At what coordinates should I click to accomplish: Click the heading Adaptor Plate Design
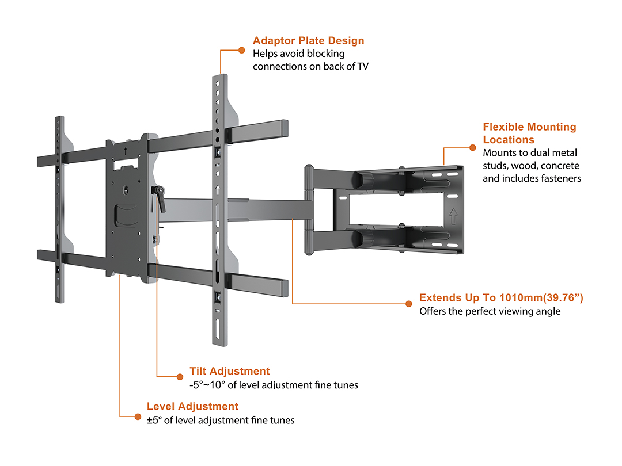point(308,41)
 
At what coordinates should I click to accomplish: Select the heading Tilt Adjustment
point(229,371)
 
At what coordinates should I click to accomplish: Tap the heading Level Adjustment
point(192,407)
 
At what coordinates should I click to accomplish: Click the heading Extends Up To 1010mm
point(501,297)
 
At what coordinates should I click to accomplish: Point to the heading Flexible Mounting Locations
point(529,133)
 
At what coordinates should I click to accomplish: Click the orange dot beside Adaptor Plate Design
point(241,50)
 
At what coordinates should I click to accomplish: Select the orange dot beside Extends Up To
point(408,303)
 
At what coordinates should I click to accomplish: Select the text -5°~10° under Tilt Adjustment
point(210,385)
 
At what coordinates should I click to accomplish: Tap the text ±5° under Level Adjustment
point(154,421)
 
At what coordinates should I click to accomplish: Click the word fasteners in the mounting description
point(562,178)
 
